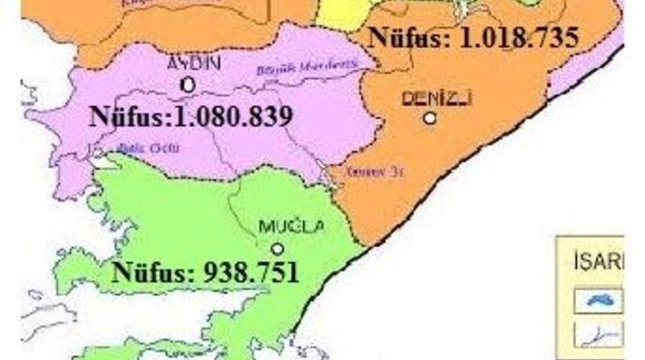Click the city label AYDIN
coord(193,64)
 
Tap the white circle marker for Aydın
coord(188,85)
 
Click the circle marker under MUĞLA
coord(277,248)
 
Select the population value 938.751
coord(251,271)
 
